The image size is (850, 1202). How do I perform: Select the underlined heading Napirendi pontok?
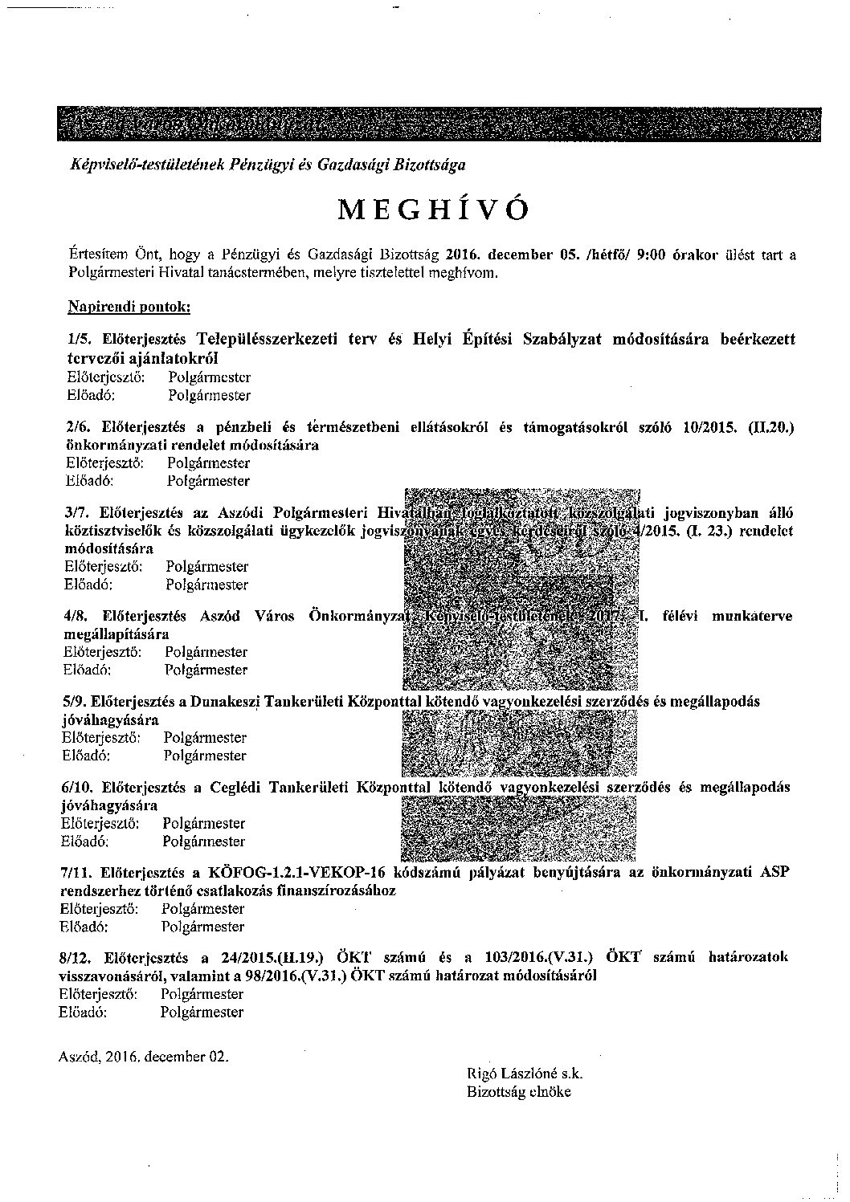pos(129,307)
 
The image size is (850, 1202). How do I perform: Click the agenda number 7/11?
pos(77,873)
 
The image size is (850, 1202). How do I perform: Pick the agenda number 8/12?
pos(77,957)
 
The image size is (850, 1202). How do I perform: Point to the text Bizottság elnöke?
pos(518,1092)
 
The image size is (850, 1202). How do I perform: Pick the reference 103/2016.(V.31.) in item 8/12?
pos(538,957)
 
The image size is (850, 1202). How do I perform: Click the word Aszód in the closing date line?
pos(78,1057)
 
